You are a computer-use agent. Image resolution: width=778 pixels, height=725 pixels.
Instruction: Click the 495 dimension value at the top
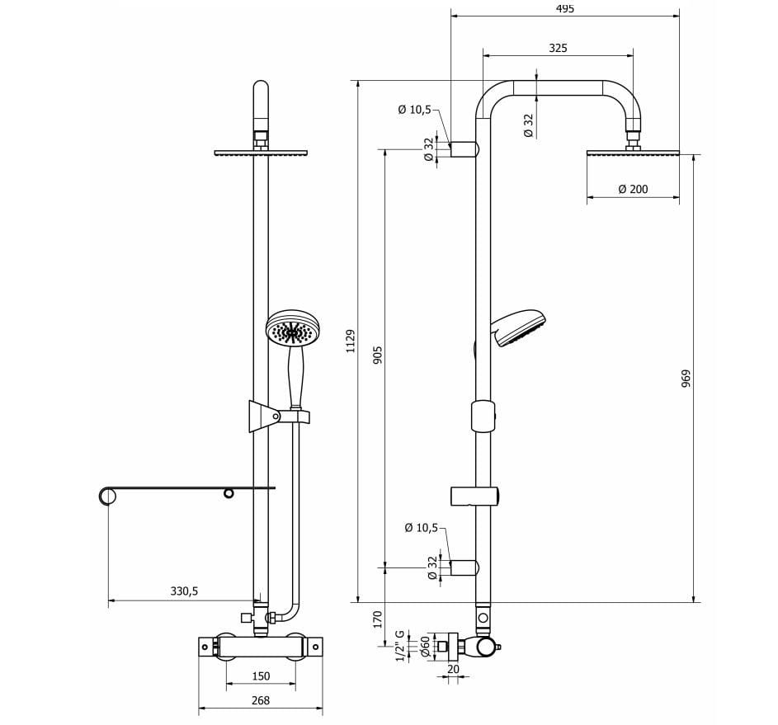click(x=564, y=8)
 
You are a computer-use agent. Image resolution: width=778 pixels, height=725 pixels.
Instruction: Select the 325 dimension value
click(x=558, y=49)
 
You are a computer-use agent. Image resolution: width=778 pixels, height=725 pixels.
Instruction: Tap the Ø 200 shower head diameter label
click(x=633, y=190)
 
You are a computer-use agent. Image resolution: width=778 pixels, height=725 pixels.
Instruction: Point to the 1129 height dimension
click(x=351, y=341)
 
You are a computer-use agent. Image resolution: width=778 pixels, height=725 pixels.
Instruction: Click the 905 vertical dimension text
click(x=378, y=355)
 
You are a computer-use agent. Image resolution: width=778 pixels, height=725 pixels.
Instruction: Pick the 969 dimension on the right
click(x=686, y=378)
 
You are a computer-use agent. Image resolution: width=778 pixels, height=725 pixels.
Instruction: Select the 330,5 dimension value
click(x=184, y=591)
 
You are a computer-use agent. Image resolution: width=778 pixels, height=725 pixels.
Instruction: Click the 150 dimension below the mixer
click(x=260, y=676)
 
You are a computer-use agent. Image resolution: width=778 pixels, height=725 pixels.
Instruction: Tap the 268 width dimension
click(x=260, y=701)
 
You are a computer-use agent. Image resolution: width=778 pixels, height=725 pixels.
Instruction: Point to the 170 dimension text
click(x=378, y=619)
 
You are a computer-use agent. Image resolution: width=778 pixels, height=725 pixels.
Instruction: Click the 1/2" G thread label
click(x=400, y=646)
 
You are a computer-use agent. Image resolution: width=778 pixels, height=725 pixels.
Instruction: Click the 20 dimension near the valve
click(x=453, y=670)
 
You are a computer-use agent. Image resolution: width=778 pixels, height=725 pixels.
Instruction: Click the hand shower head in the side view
click(x=518, y=327)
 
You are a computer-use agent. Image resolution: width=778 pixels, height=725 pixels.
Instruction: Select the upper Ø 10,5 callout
click(x=414, y=110)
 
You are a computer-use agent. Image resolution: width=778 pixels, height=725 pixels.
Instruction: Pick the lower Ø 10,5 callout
click(x=421, y=528)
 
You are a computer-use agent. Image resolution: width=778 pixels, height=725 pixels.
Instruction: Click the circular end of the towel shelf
click(x=107, y=496)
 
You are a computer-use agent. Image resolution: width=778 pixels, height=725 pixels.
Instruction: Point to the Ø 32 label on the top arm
click(x=528, y=125)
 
